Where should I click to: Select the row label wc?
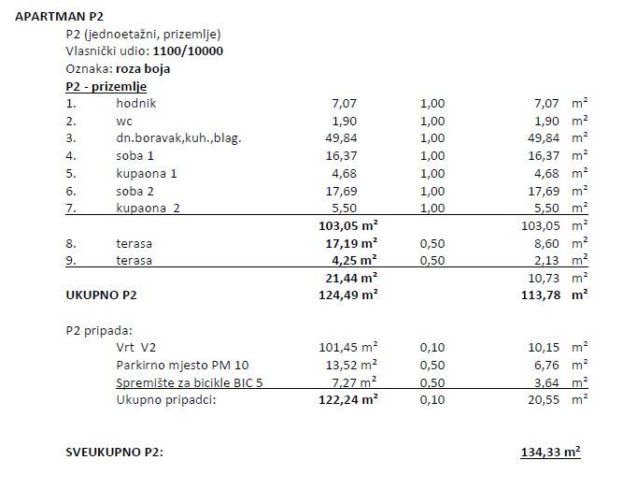click(x=124, y=121)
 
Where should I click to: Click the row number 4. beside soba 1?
click(x=70, y=155)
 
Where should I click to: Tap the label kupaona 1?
click(x=147, y=173)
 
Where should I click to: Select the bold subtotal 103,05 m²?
click(x=348, y=225)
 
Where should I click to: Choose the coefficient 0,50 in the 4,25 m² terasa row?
click(x=432, y=260)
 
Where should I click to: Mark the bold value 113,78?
click(x=541, y=295)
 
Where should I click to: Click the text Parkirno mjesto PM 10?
click(x=183, y=365)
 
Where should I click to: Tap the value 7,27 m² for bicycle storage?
click(x=353, y=381)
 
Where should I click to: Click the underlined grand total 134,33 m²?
click(x=550, y=452)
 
